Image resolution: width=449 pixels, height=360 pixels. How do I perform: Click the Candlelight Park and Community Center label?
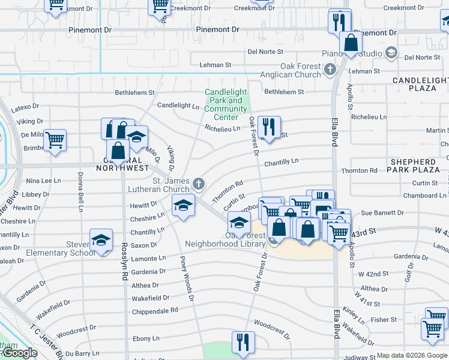(225, 104)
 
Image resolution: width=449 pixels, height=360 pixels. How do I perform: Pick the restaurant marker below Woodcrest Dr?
(243, 342)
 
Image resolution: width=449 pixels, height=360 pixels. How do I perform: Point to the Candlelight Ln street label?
(178, 106)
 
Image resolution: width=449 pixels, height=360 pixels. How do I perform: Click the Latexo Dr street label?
(27, 106)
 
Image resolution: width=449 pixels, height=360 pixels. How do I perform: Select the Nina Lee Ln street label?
(43, 181)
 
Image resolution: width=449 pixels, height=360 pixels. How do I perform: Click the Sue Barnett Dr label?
(382, 213)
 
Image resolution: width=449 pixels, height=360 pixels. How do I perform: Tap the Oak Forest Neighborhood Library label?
(226, 239)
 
